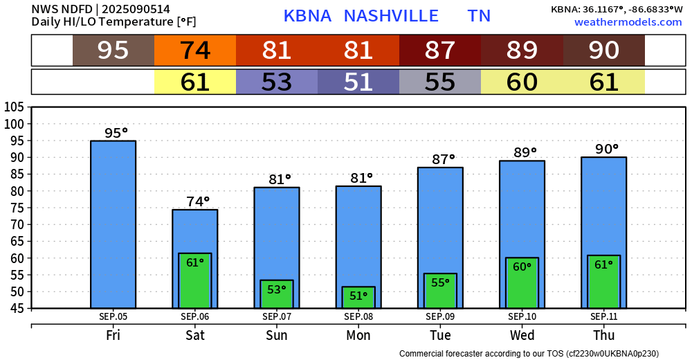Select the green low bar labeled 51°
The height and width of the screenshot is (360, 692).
tap(358, 297)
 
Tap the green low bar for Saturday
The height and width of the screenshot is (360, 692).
tap(195, 280)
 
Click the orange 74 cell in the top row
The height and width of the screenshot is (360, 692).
tap(195, 51)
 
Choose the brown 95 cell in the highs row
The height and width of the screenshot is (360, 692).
tap(113, 51)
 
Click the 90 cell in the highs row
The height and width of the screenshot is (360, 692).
tap(604, 51)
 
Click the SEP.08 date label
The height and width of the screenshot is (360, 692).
tap(358, 316)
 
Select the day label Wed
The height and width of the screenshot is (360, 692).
tap(522, 335)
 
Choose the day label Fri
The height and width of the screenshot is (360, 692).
tap(113, 335)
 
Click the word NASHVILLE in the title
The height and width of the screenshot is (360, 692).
tap(391, 16)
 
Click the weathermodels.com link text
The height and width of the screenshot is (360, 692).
tap(628, 22)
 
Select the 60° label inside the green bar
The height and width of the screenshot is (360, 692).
tap(522, 267)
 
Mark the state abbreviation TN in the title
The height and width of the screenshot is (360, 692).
tap(479, 16)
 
